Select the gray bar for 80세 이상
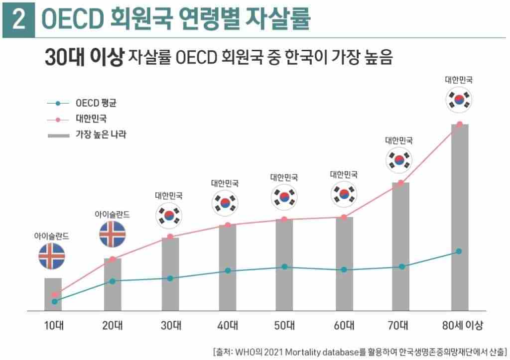pyautogui.click(x=460, y=219)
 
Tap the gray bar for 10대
pyautogui.click(x=53, y=295)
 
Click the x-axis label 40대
pyautogui.click(x=228, y=326)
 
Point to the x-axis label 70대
pyautogui.click(x=398, y=326)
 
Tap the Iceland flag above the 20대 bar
pyautogui.click(x=112, y=234)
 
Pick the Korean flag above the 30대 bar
pyautogui.click(x=170, y=215)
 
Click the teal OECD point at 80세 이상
pyautogui.click(x=459, y=251)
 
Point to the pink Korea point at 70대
pyautogui.click(x=401, y=183)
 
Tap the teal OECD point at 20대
pyautogui.click(x=112, y=281)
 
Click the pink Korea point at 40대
pyautogui.click(x=228, y=225)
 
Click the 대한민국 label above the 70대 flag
pyautogui.click(x=398, y=141)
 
